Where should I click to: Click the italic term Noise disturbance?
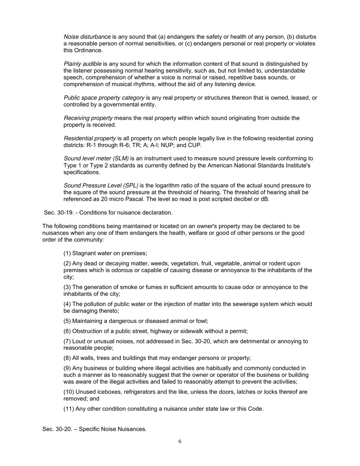(87, 37)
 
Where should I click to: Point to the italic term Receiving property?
(88, 118)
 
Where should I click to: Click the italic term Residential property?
(89, 138)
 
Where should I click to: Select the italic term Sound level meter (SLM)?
(96, 159)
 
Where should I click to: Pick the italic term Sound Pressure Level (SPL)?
(100, 186)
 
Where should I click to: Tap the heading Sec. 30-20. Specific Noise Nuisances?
(94, 429)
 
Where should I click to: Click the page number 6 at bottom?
(180, 441)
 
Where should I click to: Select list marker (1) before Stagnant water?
(67, 253)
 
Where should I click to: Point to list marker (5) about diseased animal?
(67, 321)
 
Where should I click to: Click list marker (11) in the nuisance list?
(69, 408)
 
